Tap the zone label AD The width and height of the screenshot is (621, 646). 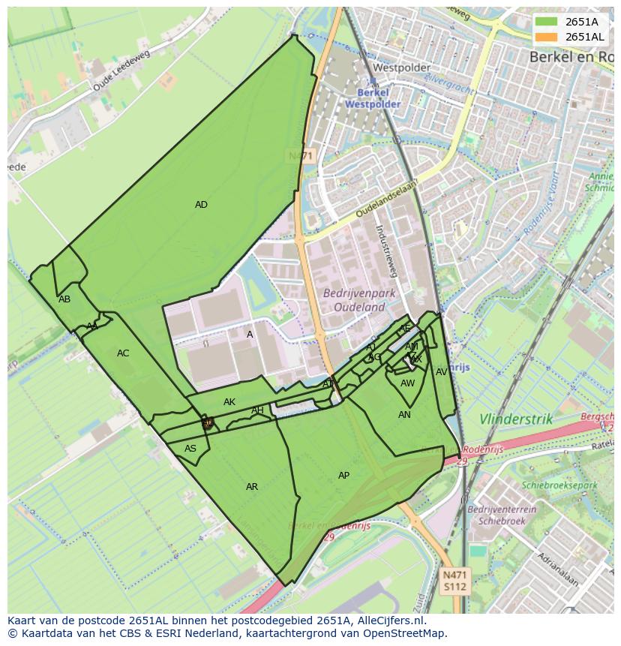201,205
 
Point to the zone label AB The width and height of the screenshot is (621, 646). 64,299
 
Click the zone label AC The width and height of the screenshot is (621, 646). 123,353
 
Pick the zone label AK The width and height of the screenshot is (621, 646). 229,402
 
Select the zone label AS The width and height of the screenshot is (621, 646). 190,449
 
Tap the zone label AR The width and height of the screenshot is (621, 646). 252,487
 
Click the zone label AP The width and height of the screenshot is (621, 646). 343,476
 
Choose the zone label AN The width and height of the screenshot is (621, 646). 404,415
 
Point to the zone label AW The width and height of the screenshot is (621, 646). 407,383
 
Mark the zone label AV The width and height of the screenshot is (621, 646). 442,372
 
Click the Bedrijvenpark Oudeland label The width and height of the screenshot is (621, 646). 354,300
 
